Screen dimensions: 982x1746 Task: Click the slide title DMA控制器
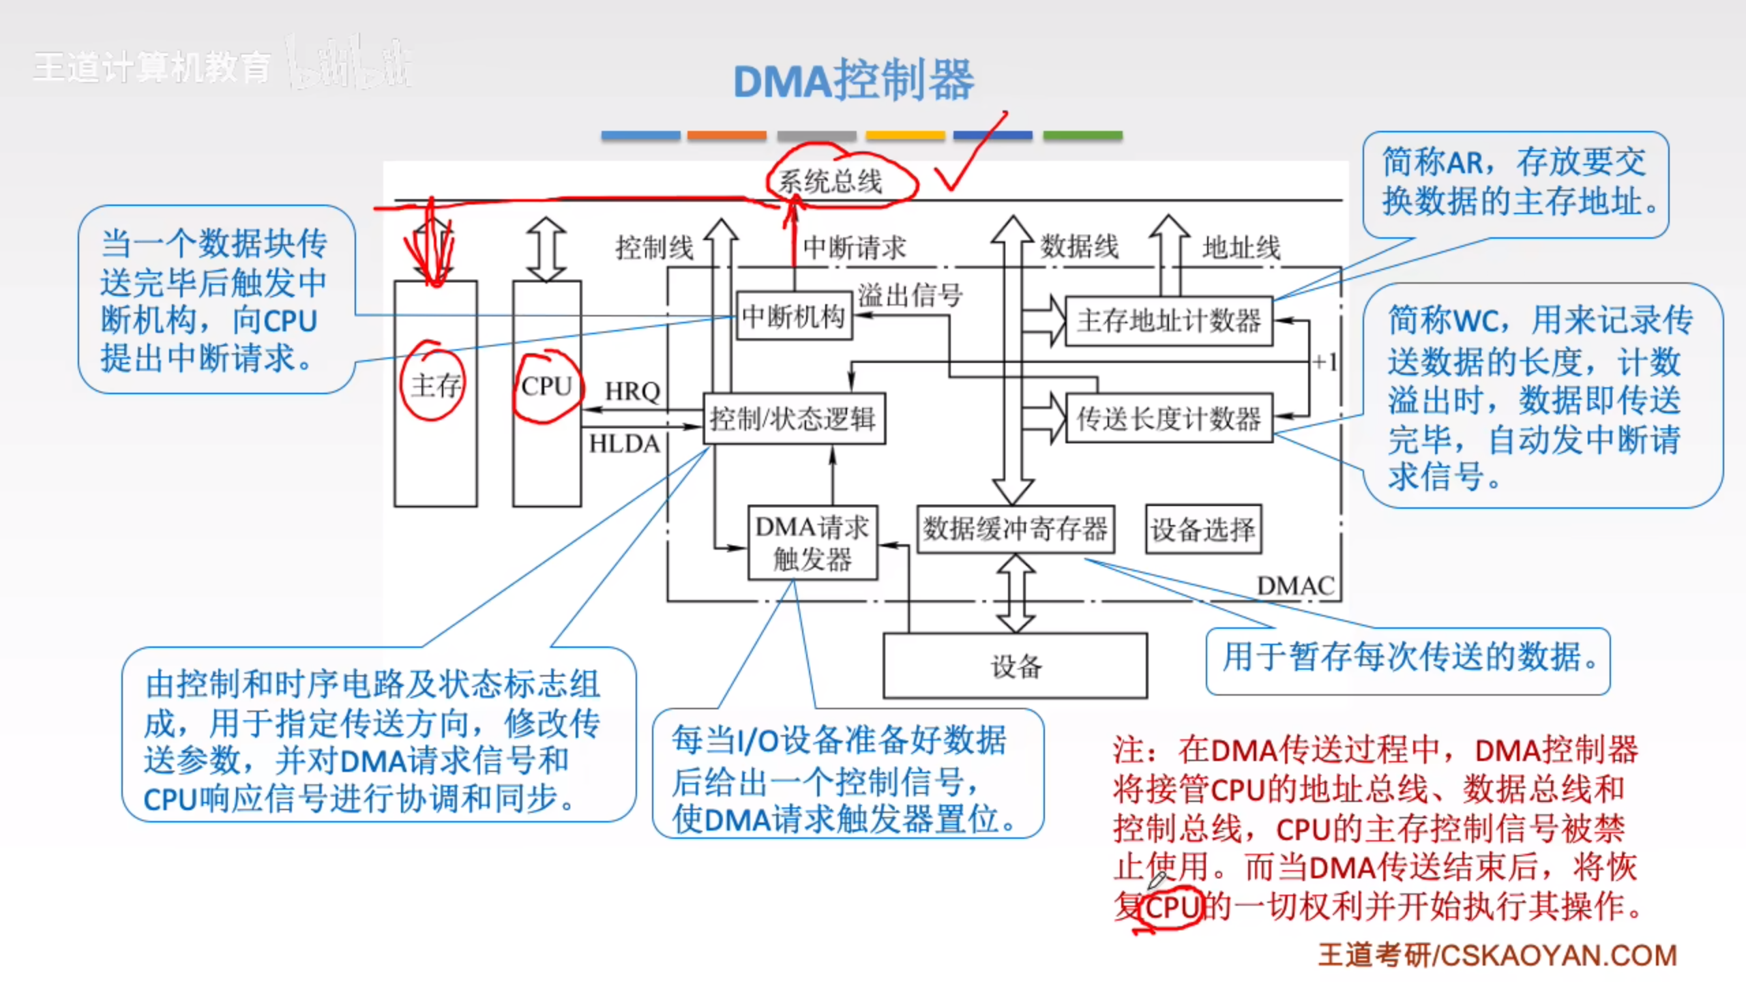(x=854, y=80)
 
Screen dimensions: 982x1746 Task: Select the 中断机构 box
(x=794, y=316)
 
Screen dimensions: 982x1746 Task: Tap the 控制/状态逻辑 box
(x=794, y=418)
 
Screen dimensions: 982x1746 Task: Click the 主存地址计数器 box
(x=1168, y=321)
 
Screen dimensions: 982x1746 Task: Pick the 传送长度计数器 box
(x=1168, y=419)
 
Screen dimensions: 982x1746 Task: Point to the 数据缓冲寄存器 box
(x=1016, y=529)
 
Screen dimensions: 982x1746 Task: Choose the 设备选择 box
(x=1203, y=529)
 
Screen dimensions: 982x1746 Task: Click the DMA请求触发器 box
(x=812, y=543)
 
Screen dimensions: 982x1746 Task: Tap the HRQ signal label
(x=632, y=391)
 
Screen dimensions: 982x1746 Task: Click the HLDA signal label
(x=624, y=444)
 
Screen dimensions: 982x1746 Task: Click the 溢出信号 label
(x=910, y=295)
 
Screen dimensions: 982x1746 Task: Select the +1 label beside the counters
(x=1325, y=361)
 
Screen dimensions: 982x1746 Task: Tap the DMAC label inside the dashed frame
(x=1295, y=586)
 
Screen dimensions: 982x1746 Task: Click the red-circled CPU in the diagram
(x=546, y=386)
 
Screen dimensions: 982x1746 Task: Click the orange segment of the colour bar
(x=726, y=136)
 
